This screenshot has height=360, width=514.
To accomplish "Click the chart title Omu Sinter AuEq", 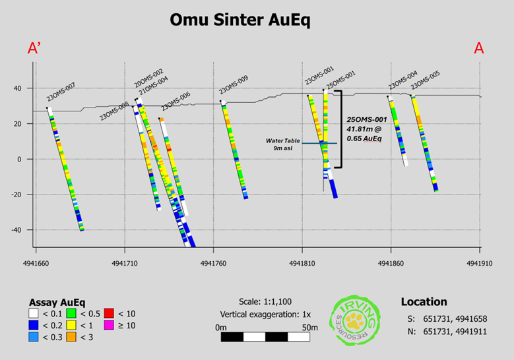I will tap(240, 20).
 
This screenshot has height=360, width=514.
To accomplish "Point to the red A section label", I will tap(480, 48).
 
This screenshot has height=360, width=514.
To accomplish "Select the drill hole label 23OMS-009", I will tap(233, 86).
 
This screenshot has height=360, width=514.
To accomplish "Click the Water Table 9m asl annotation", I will tap(284, 144).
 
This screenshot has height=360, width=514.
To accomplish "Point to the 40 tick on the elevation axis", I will tap(18, 88).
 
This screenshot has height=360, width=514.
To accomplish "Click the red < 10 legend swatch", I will tap(110, 313).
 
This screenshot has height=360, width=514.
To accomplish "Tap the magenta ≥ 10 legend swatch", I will tap(110, 326).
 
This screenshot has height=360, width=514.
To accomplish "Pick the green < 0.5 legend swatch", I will tap(72, 313).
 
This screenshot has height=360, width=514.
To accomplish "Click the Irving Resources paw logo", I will tap(356, 320).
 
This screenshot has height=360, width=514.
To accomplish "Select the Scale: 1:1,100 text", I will tap(266, 301).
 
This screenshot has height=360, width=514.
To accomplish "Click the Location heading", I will tap(423, 301).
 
